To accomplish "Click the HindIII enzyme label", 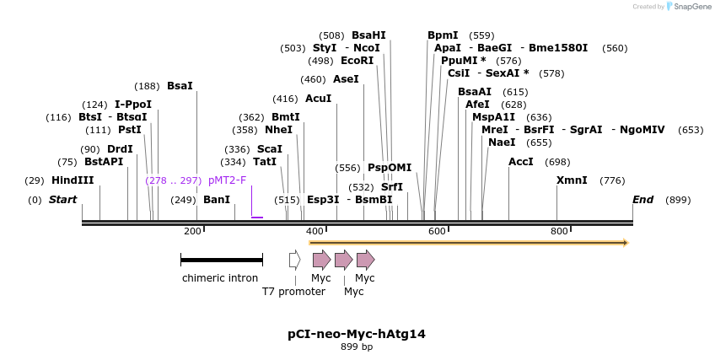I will coord(73,180).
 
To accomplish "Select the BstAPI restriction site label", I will coord(103,162).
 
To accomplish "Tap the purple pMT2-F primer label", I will coord(227,180).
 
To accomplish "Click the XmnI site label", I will coord(572,180).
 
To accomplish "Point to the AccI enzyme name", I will coord(521,162).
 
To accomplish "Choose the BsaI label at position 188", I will coord(180,86).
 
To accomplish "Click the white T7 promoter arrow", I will coord(294,260).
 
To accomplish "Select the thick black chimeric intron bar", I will coord(222,260).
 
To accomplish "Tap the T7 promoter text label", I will coord(293,292).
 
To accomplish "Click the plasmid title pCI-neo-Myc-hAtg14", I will coord(357,334).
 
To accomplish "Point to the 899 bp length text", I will coord(357,347).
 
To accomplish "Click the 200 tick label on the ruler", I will coord(192,231).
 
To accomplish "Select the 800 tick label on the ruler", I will coord(559,231).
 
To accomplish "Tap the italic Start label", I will coord(62,200).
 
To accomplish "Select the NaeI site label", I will coord(502,142).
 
